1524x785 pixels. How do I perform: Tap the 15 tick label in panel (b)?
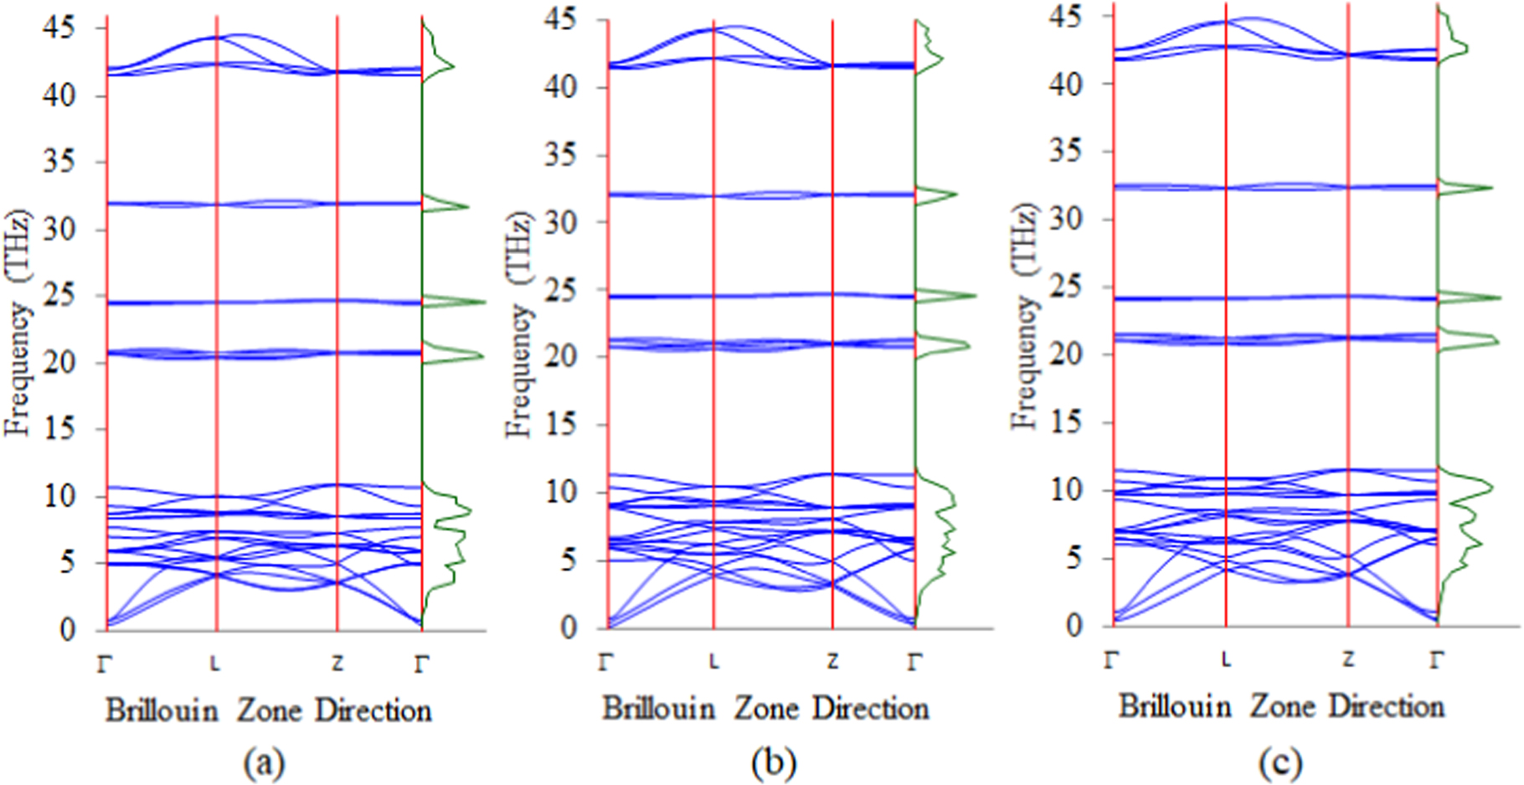click(559, 425)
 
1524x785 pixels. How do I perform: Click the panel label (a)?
click(264, 763)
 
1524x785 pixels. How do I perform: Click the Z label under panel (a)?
click(337, 664)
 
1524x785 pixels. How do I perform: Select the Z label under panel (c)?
click(1347, 660)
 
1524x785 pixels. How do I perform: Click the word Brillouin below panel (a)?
click(162, 711)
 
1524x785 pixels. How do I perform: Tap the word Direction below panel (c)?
click(1386, 706)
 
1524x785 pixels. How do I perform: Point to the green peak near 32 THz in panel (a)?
click(466, 206)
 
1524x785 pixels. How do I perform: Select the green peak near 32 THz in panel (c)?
click(1490, 188)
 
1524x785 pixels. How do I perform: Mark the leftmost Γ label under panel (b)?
click(606, 663)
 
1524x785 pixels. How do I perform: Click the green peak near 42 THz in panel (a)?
click(453, 66)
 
